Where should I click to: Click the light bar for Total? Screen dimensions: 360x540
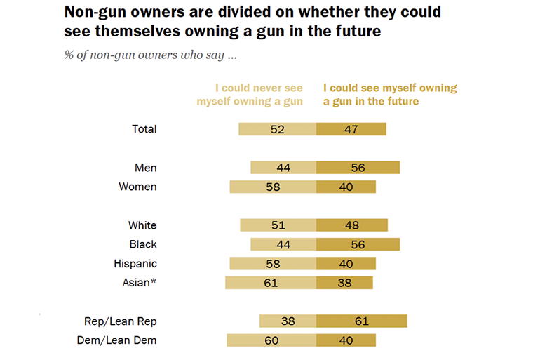[277, 129]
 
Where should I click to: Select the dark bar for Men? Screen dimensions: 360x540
[358, 168]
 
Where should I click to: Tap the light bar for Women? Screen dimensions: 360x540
[273, 187]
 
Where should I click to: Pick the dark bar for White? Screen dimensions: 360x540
[352, 225]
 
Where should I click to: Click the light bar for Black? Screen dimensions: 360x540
[283, 244]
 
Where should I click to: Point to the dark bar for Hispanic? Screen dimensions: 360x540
[346, 264]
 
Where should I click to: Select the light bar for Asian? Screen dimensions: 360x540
[271, 283]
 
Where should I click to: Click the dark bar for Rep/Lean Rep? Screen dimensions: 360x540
[362, 321]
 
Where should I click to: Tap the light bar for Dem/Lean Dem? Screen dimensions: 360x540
[271, 340]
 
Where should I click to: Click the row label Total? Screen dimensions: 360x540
[144, 129]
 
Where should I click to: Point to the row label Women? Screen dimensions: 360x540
[138, 187]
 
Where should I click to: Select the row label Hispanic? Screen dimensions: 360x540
[135, 264]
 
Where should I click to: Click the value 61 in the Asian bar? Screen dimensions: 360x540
[271, 283]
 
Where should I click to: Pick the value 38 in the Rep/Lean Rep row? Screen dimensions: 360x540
[288, 321]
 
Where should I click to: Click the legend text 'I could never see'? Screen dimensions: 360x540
[259, 88]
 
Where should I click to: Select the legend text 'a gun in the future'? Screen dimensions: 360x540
[371, 102]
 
